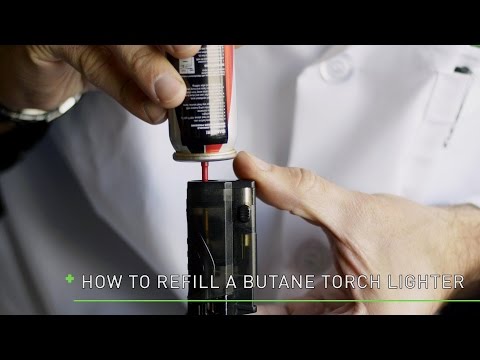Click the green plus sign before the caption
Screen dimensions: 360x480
(69, 279)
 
